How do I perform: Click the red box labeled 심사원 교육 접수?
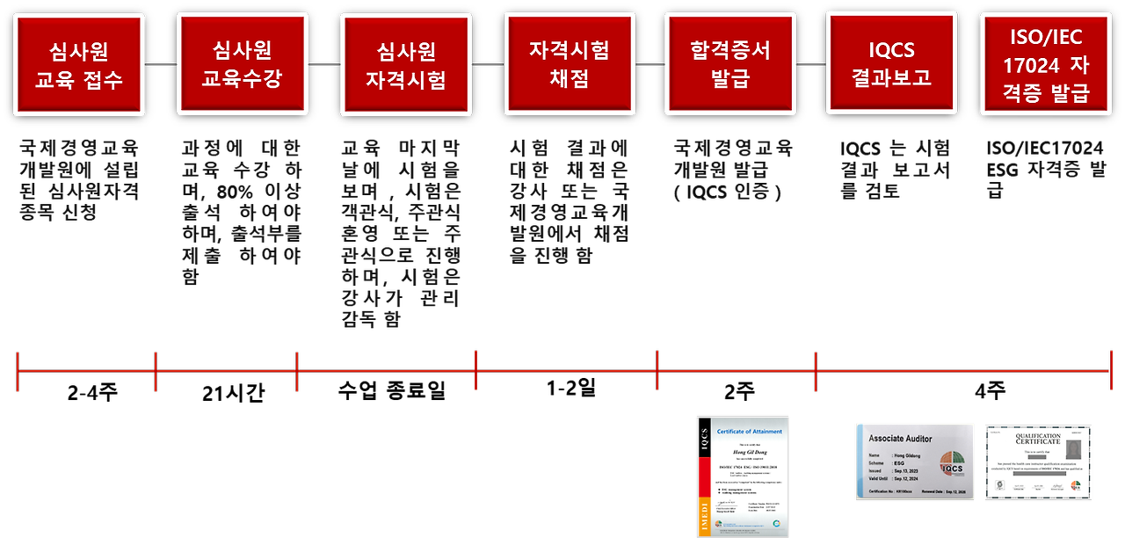coord(79,65)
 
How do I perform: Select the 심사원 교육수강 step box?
coord(243,64)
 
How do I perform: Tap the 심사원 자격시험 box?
coord(406,64)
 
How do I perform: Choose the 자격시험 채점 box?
coord(570,64)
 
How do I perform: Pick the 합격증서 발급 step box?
coord(730,64)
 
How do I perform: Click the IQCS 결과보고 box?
coord(891,63)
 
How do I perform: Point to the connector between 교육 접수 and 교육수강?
coord(161,65)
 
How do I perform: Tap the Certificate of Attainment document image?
coord(743,476)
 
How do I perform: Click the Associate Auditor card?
coord(915,462)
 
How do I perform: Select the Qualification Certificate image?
coord(1038,462)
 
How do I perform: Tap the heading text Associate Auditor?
coord(904,438)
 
